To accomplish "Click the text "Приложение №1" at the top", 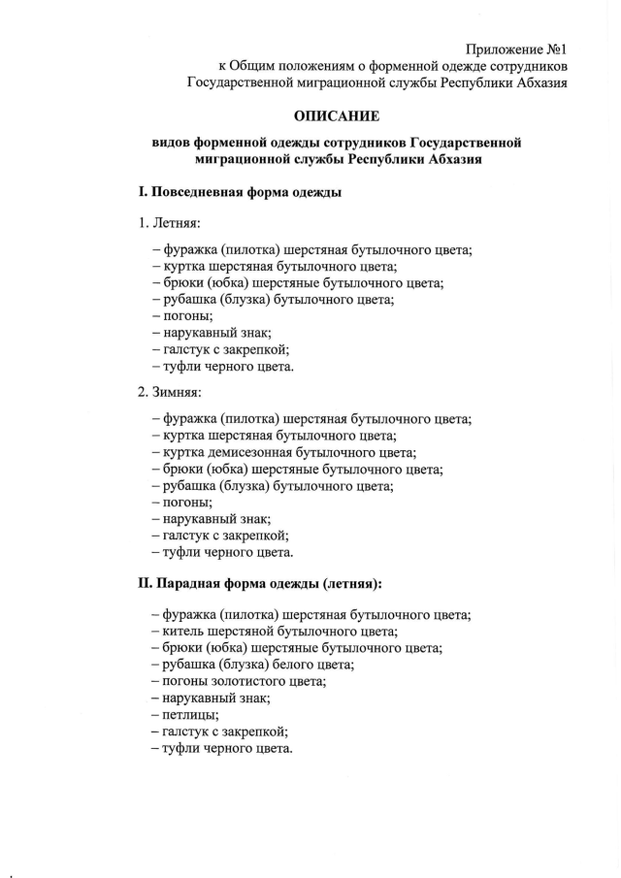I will [x=515, y=49].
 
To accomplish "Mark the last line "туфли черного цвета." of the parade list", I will [x=222, y=749].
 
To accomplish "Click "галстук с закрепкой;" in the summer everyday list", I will [x=220, y=350].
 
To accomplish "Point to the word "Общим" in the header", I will [x=254, y=66].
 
